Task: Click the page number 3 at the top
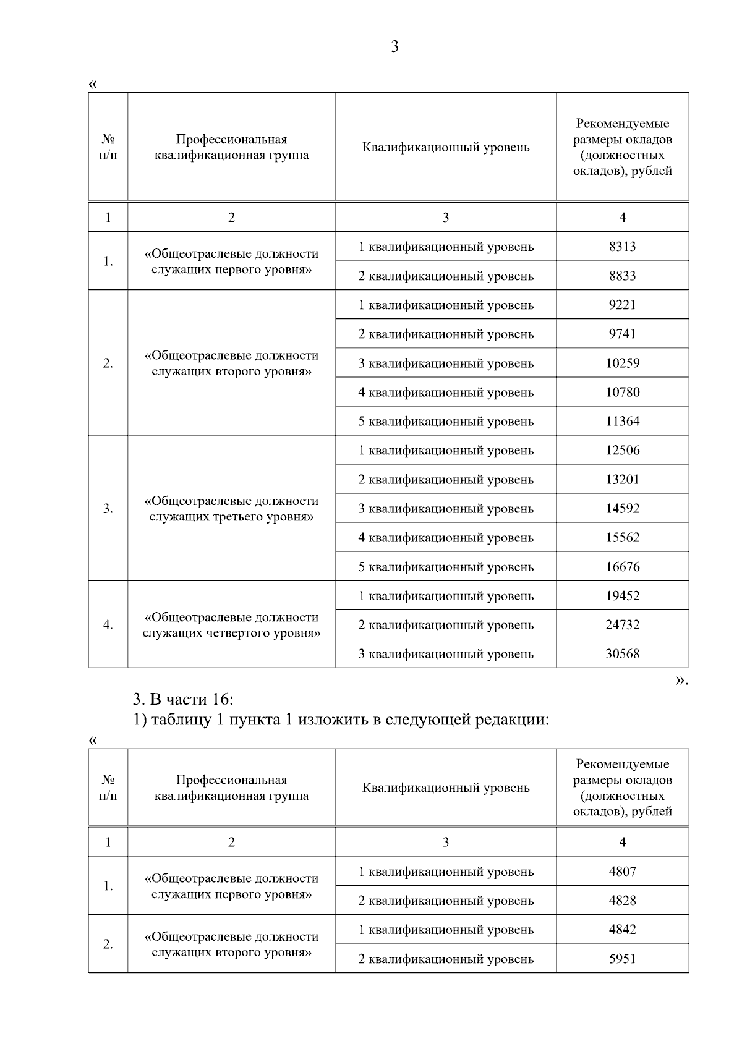point(394,47)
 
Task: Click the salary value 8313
point(622,247)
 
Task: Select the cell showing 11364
point(622,422)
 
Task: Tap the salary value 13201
point(622,480)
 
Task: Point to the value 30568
point(622,654)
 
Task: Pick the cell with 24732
point(622,625)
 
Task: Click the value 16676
point(622,567)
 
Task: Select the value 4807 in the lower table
point(622,872)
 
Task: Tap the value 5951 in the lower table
point(622,959)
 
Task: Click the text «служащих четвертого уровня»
point(231,633)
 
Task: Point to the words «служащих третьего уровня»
point(231,517)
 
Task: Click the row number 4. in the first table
point(108,625)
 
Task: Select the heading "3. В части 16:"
point(183,700)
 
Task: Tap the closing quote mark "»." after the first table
point(681,681)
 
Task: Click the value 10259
point(622,363)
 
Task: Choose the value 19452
point(622,596)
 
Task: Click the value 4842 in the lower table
point(622,930)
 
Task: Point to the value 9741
point(622,334)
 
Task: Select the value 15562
point(622,538)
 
